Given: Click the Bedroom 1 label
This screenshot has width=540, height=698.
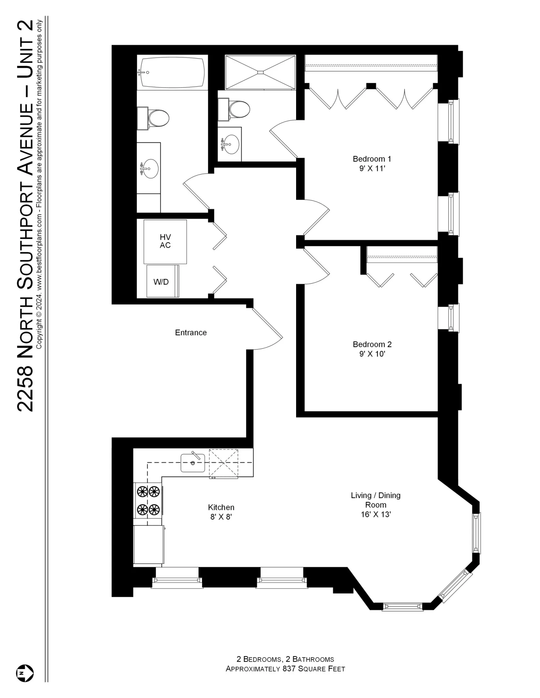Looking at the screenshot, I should (x=372, y=159).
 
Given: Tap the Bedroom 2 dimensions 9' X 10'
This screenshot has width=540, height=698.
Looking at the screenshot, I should (x=372, y=354).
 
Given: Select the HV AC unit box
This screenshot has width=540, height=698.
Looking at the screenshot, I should (x=165, y=242).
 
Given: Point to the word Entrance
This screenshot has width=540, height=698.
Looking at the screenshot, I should (x=191, y=333).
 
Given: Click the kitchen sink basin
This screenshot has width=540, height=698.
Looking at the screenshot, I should (x=193, y=463).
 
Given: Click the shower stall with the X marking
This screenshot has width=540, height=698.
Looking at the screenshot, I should (x=260, y=72).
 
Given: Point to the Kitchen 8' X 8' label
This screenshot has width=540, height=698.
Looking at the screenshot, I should (x=221, y=512).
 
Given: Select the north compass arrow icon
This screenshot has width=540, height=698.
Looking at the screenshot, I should (x=25, y=673).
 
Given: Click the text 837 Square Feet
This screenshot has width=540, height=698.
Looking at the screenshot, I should (x=313, y=669).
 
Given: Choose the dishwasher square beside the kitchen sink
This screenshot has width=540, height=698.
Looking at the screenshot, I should (x=223, y=463).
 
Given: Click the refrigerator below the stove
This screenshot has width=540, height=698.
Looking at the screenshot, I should (x=148, y=544).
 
